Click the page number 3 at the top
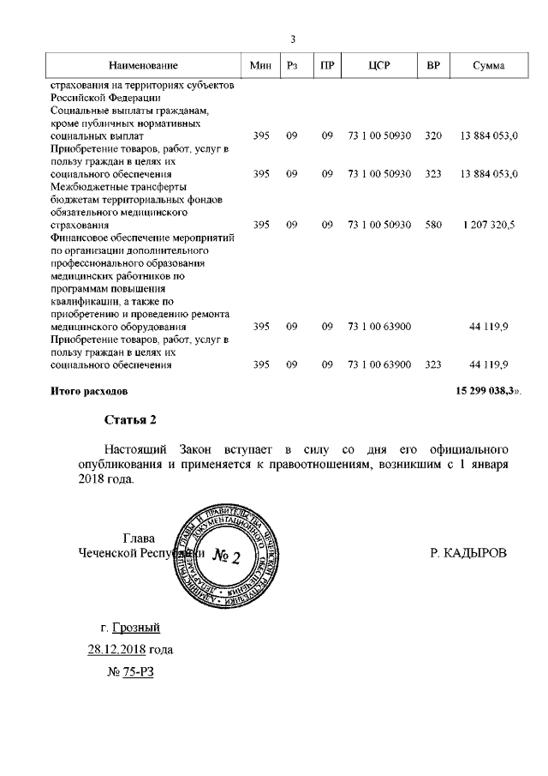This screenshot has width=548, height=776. [x=293, y=39]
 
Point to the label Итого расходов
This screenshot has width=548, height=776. [x=89, y=391]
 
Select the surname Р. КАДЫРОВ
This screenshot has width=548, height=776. [x=468, y=553]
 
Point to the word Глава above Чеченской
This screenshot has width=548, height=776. [x=140, y=538]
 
